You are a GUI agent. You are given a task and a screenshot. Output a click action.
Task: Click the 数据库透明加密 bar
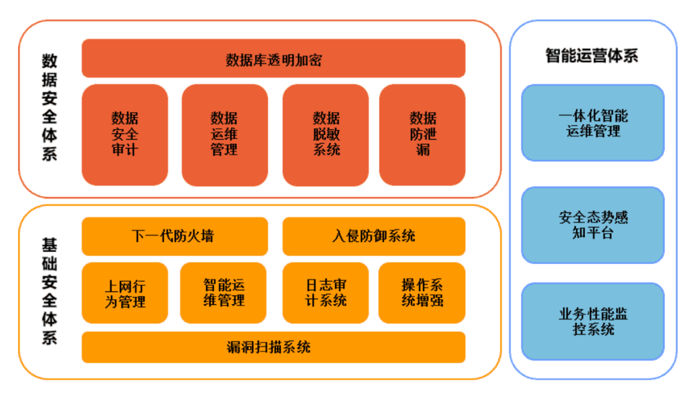[x=274, y=59]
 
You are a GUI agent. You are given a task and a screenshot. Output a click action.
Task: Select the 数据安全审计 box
[x=125, y=135]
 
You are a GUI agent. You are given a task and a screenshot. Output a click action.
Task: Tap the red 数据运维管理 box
[x=224, y=135]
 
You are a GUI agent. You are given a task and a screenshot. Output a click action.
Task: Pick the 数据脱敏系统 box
[x=325, y=135]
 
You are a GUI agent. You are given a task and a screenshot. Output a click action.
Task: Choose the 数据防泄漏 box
[x=422, y=135]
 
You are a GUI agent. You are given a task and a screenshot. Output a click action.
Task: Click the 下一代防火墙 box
[x=174, y=236]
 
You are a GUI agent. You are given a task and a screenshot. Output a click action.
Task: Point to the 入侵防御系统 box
[x=374, y=236]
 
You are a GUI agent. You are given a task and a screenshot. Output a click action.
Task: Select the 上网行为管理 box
[x=125, y=293]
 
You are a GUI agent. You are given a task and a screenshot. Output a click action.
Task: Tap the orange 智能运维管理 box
[x=224, y=293]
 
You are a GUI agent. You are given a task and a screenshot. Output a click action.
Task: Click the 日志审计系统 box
[x=325, y=293]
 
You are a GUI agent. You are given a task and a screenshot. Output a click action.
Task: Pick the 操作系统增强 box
[x=422, y=293]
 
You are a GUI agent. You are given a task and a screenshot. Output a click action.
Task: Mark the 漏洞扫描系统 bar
[x=274, y=347]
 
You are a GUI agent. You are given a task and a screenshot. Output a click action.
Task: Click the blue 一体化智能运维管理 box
[x=593, y=123]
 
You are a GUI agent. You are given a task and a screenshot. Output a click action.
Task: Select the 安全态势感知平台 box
[x=593, y=225]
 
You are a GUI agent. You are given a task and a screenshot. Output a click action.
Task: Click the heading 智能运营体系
[x=592, y=56]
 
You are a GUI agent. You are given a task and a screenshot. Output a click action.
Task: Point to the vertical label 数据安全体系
[x=49, y=106]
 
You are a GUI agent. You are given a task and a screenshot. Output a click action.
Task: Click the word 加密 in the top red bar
[x=306, y=60]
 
